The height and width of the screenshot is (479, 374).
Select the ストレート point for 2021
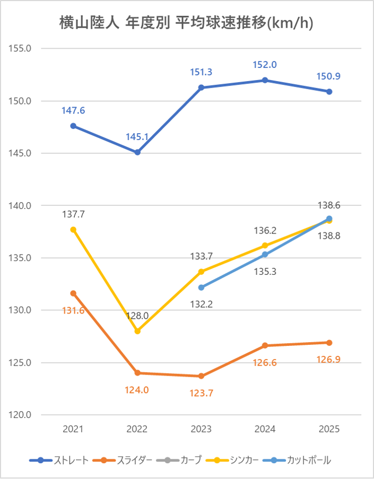[x=73, y=126]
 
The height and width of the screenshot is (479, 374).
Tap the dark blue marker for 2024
[x=265, y=80]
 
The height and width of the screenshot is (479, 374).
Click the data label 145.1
[x=137, y=137]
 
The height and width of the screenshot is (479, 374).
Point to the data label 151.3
[x=201, y=72]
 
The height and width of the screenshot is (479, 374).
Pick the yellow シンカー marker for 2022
[x=137, y=331]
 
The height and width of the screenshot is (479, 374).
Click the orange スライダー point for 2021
[x=73, y=293]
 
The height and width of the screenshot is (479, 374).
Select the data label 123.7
[x=201, y=393]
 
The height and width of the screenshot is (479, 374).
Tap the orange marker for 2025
[x=329, y=343]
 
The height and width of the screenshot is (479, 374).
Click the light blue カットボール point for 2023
[x=201, y=288]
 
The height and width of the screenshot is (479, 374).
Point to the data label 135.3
[x=265, y=272]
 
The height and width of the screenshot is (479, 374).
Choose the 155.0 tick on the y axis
[x=21, y=48]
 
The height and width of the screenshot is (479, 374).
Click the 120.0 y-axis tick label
[x=21, y=415]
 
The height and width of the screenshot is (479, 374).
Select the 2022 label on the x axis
[x=137, y=429]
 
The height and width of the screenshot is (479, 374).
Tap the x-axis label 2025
[x=329, y=429]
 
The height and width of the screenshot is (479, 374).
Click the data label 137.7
[x=73, y=215]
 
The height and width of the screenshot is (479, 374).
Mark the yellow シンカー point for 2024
[x=265, y=246]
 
